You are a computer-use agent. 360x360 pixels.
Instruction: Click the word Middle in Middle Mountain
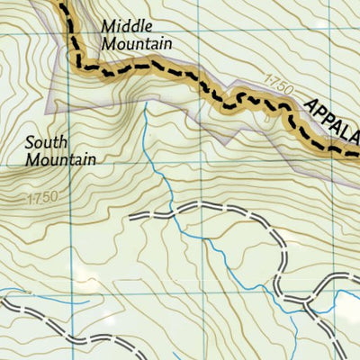pos(122,25)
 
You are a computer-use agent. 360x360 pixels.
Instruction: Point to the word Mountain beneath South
pos(60,159)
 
